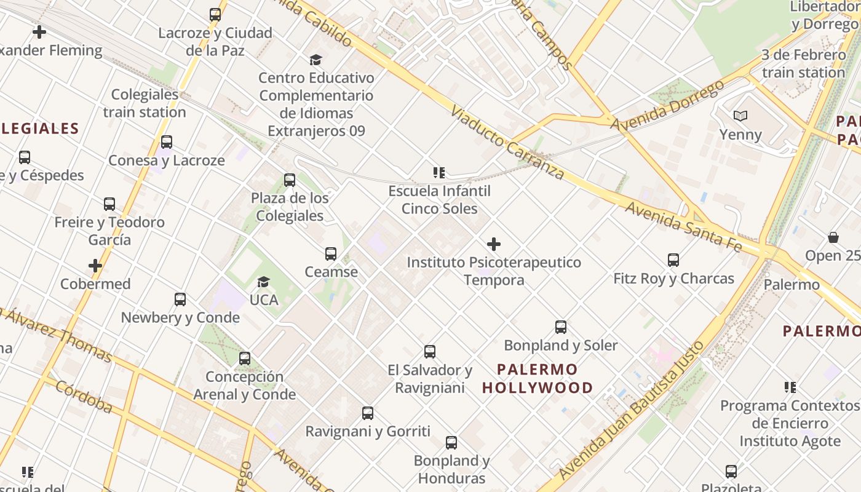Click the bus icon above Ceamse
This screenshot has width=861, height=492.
click(x=331, y=253)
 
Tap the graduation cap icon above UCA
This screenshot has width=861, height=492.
click(x=263, y=282)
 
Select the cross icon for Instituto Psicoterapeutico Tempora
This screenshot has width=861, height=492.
click(x=493, y=244)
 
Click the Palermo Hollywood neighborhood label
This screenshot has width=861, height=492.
click(x=538, y=378)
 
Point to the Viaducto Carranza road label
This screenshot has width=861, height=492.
click(x=507, y=143)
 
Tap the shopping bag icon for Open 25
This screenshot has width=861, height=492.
click(x=833, y=237)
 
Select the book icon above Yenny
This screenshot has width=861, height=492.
click(x=740, y=116)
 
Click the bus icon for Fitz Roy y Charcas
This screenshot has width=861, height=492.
click(x=673, y=260)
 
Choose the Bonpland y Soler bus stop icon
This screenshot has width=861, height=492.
click(x=561, y=327)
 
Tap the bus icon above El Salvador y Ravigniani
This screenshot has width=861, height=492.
click(x=430, y=352)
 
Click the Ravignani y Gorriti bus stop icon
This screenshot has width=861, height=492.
click(x=368, y=413)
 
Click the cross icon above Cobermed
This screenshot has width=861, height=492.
click(x=95, y=266)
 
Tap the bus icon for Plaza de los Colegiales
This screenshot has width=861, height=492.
click(x=290, y=180)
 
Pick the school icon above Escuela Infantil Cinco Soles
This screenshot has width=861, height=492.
click(x=438, y=173)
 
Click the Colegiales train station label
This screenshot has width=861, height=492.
click(x=145, y=103)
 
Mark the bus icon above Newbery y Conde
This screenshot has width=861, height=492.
click(x=180, y=300)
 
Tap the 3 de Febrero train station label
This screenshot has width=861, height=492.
click(x=803, y=64)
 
